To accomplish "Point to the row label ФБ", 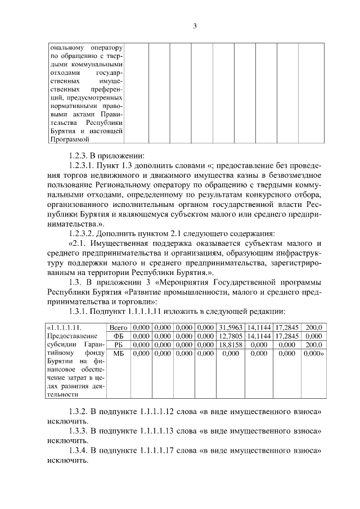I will click(119, 336).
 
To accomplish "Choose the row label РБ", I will click(119, 345).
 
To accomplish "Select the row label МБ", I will click(119, 354).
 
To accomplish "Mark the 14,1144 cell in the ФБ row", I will click(259, 336).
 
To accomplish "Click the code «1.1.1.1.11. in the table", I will click(64, 327).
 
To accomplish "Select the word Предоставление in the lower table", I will click(71, 336).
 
